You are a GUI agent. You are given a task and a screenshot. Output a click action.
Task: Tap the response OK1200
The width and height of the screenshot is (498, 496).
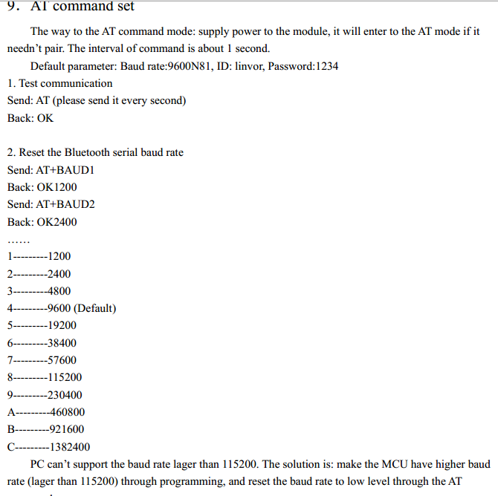[56, 187]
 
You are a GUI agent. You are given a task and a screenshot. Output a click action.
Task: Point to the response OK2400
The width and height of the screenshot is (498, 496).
[56, 221]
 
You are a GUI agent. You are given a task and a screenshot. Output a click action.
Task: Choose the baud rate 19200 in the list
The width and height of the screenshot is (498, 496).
[61, 325]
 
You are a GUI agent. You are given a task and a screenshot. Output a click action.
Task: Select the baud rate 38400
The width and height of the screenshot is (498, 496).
[61, 343]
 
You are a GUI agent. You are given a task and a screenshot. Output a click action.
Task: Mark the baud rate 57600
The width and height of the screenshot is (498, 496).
[61, 360]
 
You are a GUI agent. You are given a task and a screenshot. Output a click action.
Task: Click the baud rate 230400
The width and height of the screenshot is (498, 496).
[64, 395]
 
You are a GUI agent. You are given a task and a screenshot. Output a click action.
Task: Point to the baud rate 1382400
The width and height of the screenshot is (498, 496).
[69, 447]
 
